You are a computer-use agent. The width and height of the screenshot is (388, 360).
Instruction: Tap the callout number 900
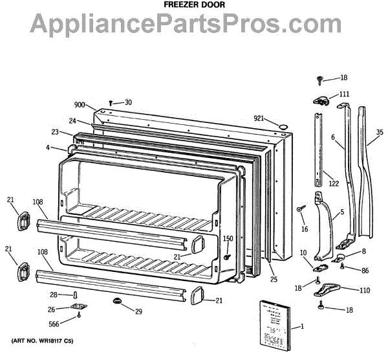tap(80, 105)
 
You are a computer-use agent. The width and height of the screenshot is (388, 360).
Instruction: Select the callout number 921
tap(259, 118)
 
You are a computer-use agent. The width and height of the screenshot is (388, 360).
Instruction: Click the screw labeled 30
tap(111, 102)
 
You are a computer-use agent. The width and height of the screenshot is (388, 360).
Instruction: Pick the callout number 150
tap(228, 239)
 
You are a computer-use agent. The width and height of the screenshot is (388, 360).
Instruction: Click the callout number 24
tap(73, 121)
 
